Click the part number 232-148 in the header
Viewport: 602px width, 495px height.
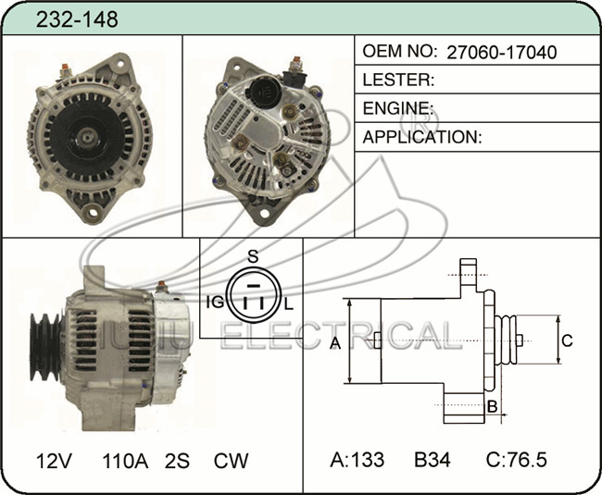tap(77, 19)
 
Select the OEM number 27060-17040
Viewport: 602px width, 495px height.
tap(501, 52)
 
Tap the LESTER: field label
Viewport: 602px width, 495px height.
tap(398, 80)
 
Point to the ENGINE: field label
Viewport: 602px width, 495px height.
tap(397, 108)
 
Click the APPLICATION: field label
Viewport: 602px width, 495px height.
tap(422, 137)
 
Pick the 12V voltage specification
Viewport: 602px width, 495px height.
tap(54, 461)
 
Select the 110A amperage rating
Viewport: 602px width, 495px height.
tap(125, 461)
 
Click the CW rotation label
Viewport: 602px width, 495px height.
tap(231, 461)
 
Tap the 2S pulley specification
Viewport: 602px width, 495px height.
tap(177, 461)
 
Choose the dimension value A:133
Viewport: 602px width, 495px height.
tap(357, 459)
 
